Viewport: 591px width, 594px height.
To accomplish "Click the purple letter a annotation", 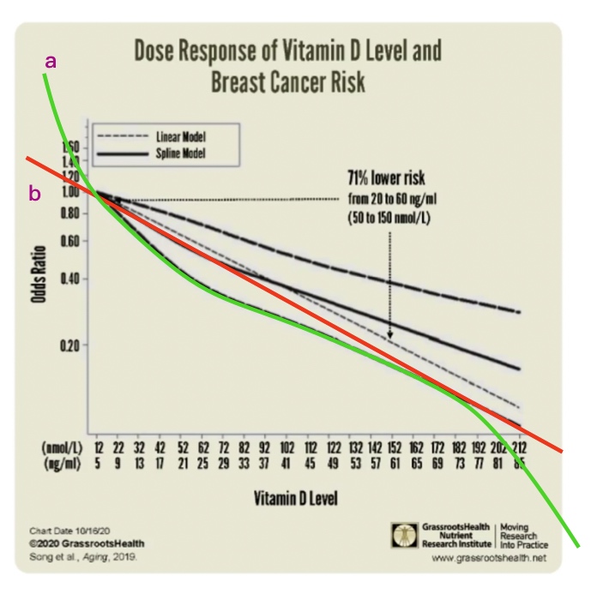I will click(52, 61).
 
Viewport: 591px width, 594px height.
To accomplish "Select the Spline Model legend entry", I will click(180, 153).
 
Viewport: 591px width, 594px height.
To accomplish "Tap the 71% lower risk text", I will click(386, 179).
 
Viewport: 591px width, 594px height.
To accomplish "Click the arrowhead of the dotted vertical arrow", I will click(390, 336).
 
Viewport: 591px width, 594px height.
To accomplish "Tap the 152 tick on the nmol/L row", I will click(391, 447).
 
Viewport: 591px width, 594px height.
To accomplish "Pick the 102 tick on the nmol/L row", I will click(286, 447).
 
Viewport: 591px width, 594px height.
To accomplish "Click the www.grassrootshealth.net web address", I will click(490, 558).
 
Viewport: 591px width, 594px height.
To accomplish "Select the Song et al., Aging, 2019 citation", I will click(82, 556).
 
